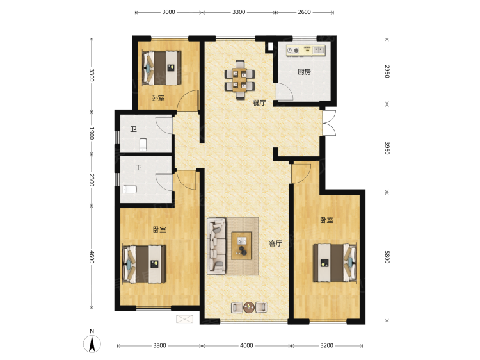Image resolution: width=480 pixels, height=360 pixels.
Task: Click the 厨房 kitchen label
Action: point(304,72)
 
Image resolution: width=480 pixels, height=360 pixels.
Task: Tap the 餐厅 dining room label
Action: point(259,102)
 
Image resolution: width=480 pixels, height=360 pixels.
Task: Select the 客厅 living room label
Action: point(275,243)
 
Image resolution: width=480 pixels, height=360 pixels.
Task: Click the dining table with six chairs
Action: point(240,79)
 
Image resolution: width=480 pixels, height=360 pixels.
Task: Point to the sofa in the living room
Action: point(216,246)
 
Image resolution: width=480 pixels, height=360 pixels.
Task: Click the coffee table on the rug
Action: point(241,246)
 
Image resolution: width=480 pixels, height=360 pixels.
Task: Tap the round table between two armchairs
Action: point(249,307)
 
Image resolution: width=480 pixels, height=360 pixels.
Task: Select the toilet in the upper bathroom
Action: point(143,145)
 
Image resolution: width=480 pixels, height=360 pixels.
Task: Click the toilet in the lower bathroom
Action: point(130,190)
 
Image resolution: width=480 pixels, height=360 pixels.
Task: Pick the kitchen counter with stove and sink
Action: point(306,51)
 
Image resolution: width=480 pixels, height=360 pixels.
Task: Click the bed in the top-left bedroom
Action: point(162,68)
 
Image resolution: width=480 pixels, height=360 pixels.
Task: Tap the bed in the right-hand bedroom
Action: point(335,263)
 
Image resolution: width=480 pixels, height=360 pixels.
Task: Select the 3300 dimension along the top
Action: point(239,12)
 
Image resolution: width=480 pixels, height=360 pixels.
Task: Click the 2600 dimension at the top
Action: point(304,12)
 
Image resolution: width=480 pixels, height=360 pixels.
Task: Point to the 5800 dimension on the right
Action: point(387,257)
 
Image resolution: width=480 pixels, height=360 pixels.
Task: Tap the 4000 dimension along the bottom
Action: point(246,346)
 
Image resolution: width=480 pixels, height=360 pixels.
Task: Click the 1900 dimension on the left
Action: point(92,133)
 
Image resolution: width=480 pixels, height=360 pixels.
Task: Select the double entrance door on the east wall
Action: point(330,123)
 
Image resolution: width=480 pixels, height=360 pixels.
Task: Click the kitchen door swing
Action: point(285,92)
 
